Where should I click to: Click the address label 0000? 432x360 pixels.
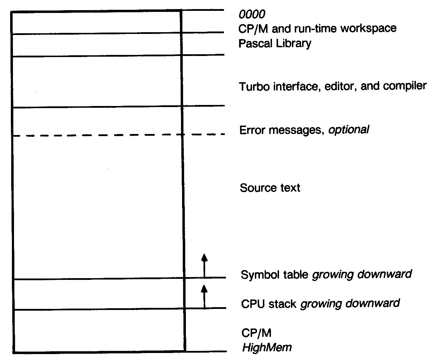252,14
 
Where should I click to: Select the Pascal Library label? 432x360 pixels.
275,44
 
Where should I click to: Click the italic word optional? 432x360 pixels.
348,130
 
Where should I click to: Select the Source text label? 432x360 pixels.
270,188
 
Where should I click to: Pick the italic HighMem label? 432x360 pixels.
267,348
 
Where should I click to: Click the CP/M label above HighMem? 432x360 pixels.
256,333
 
